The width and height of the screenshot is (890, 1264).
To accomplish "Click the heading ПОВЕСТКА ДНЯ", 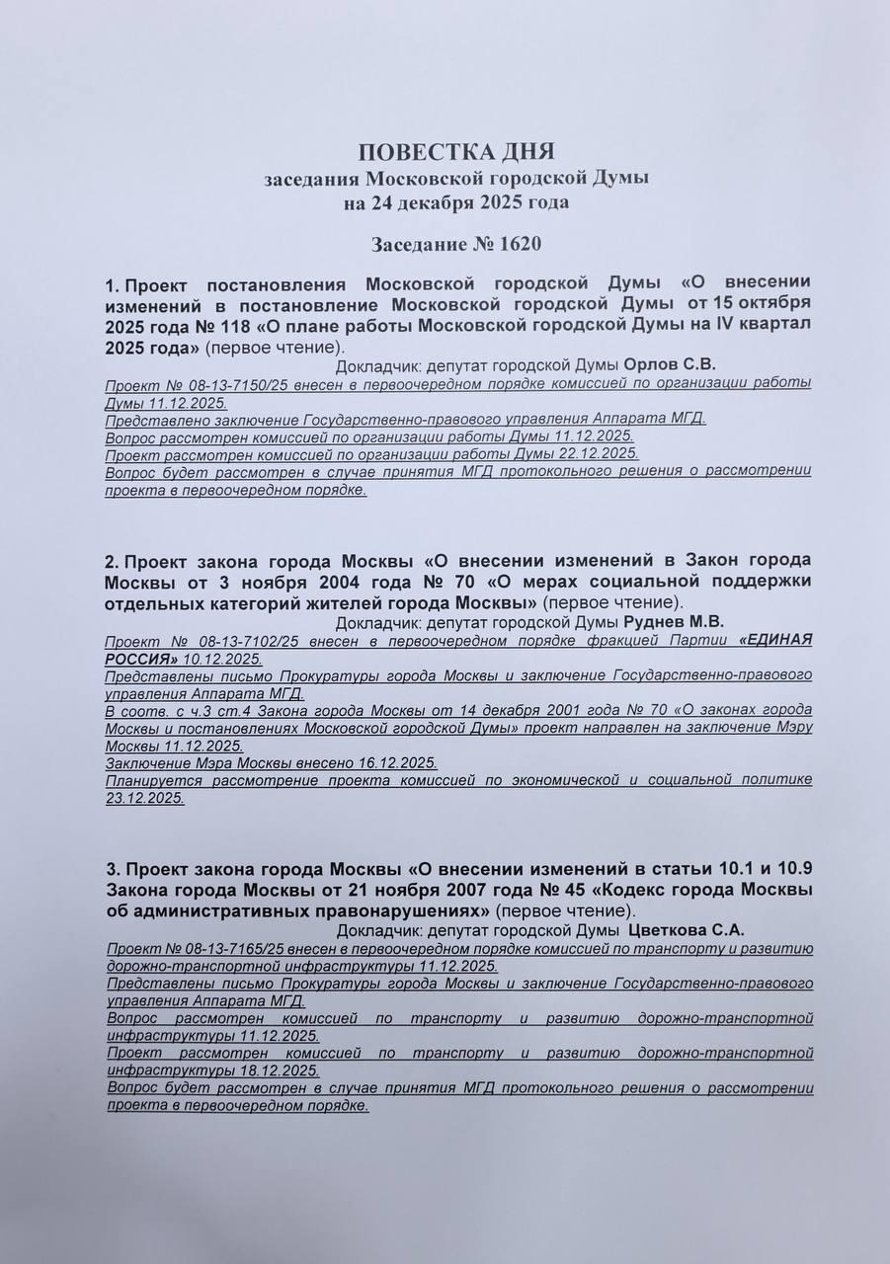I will (456, 152).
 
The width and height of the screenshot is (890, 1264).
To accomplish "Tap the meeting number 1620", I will (521, 243).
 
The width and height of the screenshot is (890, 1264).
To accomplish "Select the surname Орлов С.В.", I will (670, 363).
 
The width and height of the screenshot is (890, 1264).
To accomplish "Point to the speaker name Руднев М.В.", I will (675, 621).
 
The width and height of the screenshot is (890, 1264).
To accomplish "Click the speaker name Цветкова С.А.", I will (686, 929).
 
